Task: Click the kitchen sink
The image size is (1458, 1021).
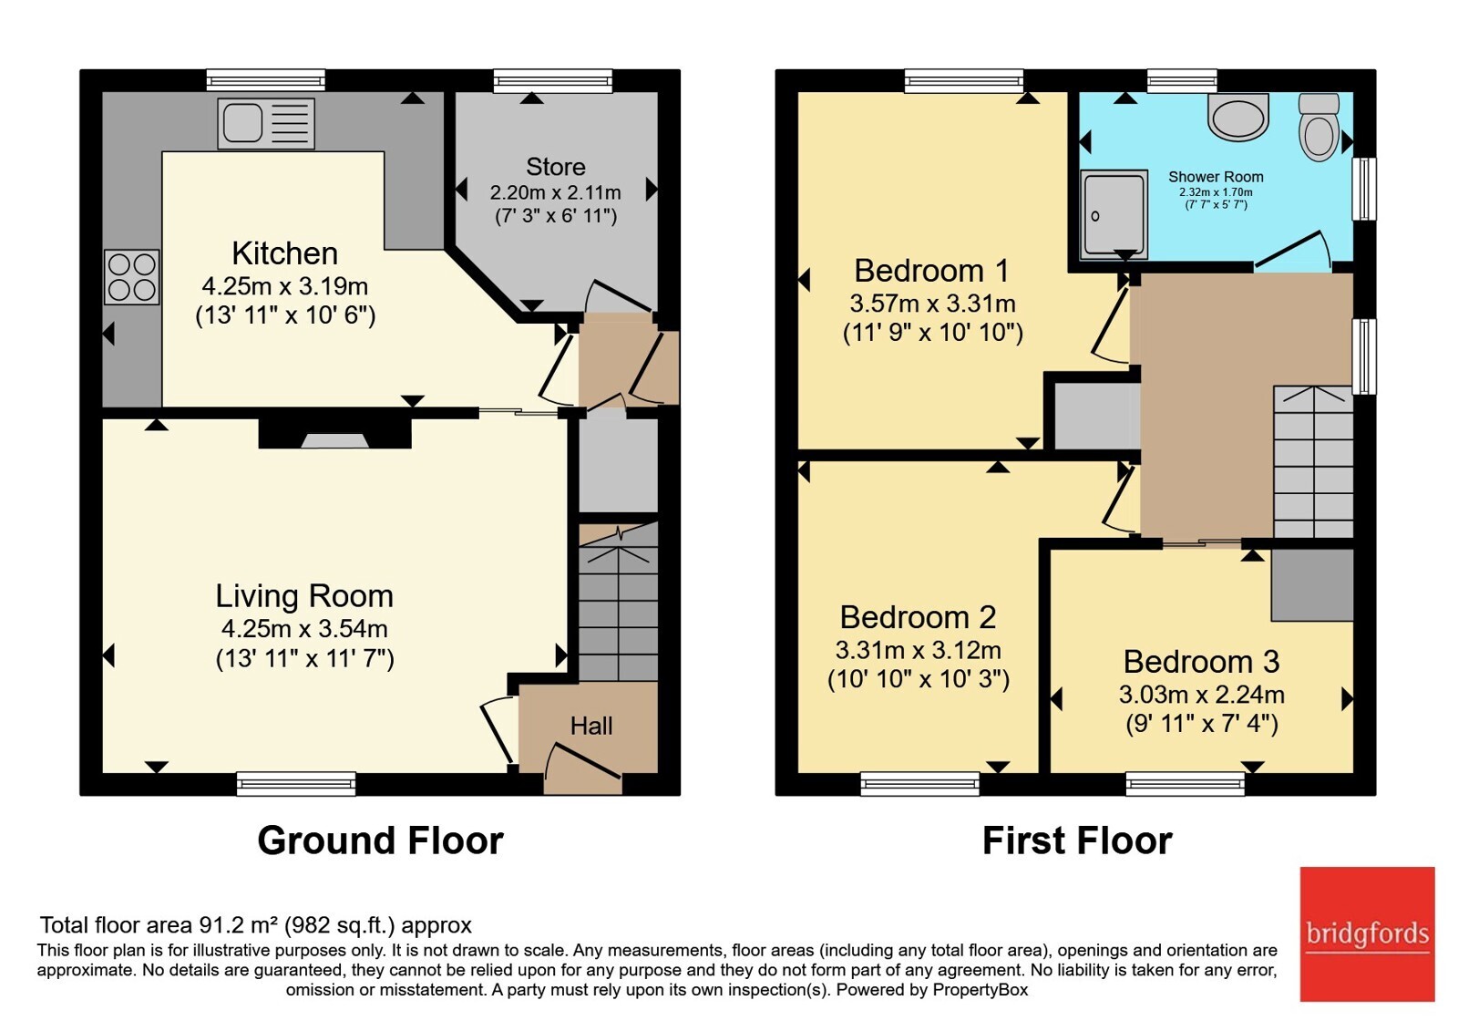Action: click(266, 123)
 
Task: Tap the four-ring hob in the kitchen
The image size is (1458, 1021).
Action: click(131, 277)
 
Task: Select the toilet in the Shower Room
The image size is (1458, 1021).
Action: click(1319, 127)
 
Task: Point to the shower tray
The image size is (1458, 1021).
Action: click(1114, 215)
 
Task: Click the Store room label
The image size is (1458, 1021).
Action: click(555, 168)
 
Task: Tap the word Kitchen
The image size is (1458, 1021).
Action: click(285, 253)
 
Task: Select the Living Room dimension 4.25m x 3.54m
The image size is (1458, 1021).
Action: click(304, 629)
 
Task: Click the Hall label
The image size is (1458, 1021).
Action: click(591, 726)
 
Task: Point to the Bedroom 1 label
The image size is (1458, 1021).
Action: click(931, 271)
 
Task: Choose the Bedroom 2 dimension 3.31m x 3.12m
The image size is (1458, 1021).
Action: click(918, 651)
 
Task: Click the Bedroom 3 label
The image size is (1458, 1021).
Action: click(1202, 662)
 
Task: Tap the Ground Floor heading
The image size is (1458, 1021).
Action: click(380, 841)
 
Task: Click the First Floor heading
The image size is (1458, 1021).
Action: click(1077, 841)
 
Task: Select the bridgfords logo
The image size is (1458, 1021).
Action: click(1367, 933)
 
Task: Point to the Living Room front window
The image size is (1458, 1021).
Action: click(296, 784)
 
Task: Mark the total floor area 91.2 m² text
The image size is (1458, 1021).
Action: click(256, 925)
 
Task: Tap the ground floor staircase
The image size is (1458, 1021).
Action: click(619, 603)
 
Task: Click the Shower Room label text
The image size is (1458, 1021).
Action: click(1216, 177)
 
